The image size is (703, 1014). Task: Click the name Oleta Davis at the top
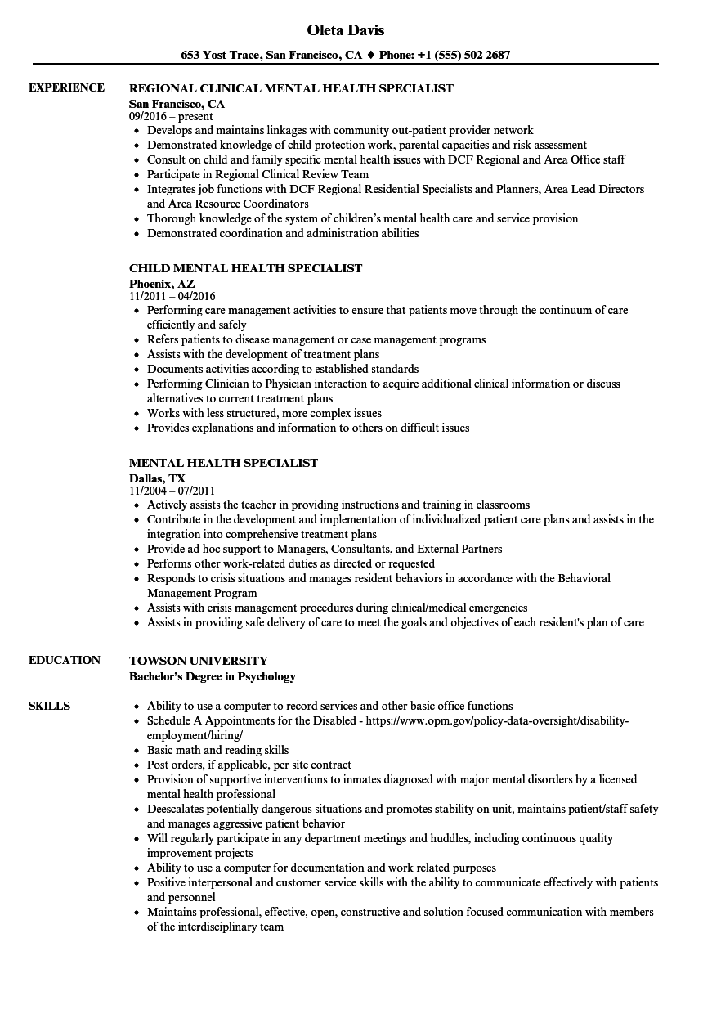coord(345,30)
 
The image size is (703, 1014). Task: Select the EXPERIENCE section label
coord(66,87)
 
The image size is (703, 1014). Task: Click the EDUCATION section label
coord(65,660)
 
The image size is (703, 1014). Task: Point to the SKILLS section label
coord(49,706)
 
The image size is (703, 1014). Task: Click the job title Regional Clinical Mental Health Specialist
coord(291,88)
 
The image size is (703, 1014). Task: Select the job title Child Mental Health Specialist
coord(245,268)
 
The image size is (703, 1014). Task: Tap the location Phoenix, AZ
coord(162,283)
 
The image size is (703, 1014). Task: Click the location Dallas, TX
coord(157,478)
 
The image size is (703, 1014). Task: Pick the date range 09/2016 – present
coord(171,116)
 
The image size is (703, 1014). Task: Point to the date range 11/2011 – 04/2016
coord(172,296)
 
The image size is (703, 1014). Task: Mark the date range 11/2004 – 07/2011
coord(172,491)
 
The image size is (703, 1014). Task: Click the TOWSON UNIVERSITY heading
coord(198,661)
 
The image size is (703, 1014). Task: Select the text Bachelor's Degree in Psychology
coord(212,676)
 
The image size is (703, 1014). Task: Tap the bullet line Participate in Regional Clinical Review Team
coord(257,174)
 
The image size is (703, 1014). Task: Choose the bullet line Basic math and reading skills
coord(217,750)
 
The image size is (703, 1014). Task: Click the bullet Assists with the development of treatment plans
coord(263,354)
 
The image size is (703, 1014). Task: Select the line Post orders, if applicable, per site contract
coord(249,765)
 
